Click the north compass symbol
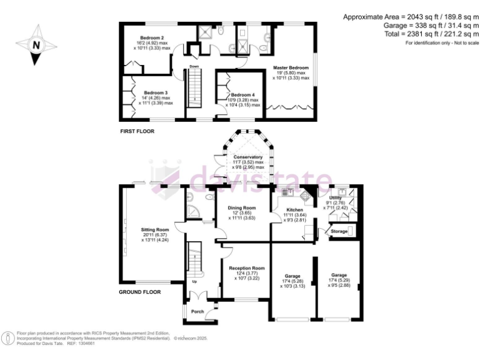point(36,45)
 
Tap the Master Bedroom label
point(291,67)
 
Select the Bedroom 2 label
point(152,38)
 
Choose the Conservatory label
point(248,157)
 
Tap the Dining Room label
point(241,207)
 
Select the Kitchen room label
point(294,210)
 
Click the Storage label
point(338,231)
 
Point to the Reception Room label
point(246,267)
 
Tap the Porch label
point(197,311)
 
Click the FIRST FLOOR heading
point(137,131)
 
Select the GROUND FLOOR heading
point(140,292)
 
